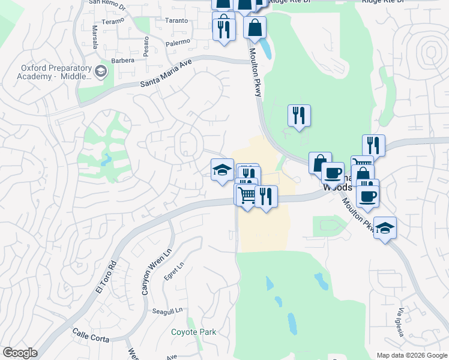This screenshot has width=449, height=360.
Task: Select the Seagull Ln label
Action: click(167, 311)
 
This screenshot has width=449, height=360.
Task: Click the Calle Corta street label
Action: click(91, 335)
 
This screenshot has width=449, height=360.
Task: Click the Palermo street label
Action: click(178, 41)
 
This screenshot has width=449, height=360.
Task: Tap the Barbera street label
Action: click(122, 60)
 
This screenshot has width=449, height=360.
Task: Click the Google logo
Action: click(20, 353)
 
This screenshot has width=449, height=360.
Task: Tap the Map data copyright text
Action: click(412, 355)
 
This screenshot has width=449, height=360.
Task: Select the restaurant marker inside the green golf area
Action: click(299, 115)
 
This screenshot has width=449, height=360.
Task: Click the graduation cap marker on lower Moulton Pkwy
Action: click(385, 227)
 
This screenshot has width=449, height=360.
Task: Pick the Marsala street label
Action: click(95, 36)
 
